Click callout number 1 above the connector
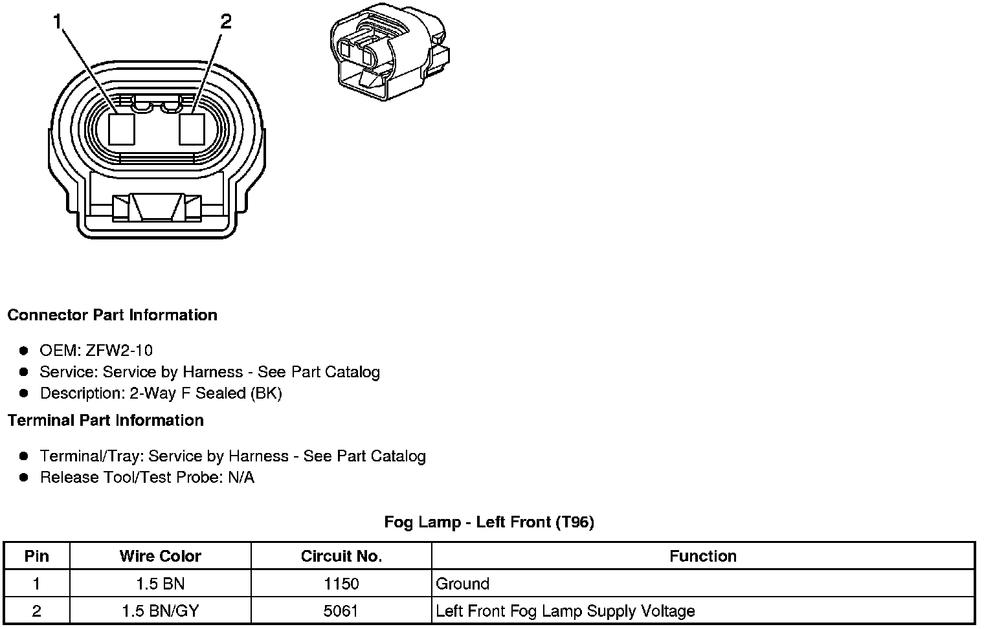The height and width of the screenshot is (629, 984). coord(58,23)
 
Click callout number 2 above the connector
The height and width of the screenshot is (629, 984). coord(225,23)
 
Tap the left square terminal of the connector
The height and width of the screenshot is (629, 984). coord(121,129)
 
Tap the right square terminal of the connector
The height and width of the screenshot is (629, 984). coord(192,129)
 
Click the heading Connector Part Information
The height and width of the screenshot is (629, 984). coord(112,315)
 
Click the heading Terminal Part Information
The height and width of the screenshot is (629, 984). coord(106,421)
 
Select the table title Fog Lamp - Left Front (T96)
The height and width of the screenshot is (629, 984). coord(489,522)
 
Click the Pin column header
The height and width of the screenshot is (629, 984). coord(36,557)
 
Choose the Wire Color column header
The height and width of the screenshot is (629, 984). coord(160,557)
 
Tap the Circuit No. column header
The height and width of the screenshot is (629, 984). coord(341,557)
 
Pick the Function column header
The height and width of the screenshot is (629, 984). coord(703,557)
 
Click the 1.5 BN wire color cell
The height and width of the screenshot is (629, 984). coord(160,584)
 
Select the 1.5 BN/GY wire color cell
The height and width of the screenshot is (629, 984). coord(160,611)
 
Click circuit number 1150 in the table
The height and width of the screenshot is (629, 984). coord(341,584)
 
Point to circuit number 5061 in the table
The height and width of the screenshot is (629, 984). coord(341,611)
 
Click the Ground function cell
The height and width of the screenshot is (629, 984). coord(462,584)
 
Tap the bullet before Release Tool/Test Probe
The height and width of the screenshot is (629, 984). coord(24,478)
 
